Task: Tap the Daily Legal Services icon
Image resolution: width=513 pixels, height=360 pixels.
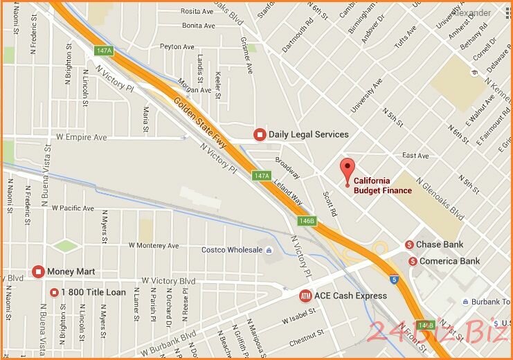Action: pyautogui.click(x=260, y=134)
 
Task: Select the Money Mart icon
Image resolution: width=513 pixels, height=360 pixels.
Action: pyautogui.click(x=38, y=271)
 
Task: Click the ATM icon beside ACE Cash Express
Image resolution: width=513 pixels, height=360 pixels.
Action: pyautogui.click(x=305, y=296)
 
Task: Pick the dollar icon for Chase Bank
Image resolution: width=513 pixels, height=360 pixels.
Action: pyautogui.click(x=410, y=244)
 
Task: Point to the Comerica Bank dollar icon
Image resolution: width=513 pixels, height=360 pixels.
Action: pyautogui.click(x=413, y=261)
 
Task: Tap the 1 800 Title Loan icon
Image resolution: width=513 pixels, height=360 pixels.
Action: pyautogui.click(x=54, y=292)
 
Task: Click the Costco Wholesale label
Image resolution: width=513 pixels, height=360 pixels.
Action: pyautogui.click(x=232, y=250)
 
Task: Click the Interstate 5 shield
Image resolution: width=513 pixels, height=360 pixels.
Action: pyautogui.click(x=393, y=280)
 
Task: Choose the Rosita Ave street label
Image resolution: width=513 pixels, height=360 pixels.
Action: pyautogui.click(x=197, y=11)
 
